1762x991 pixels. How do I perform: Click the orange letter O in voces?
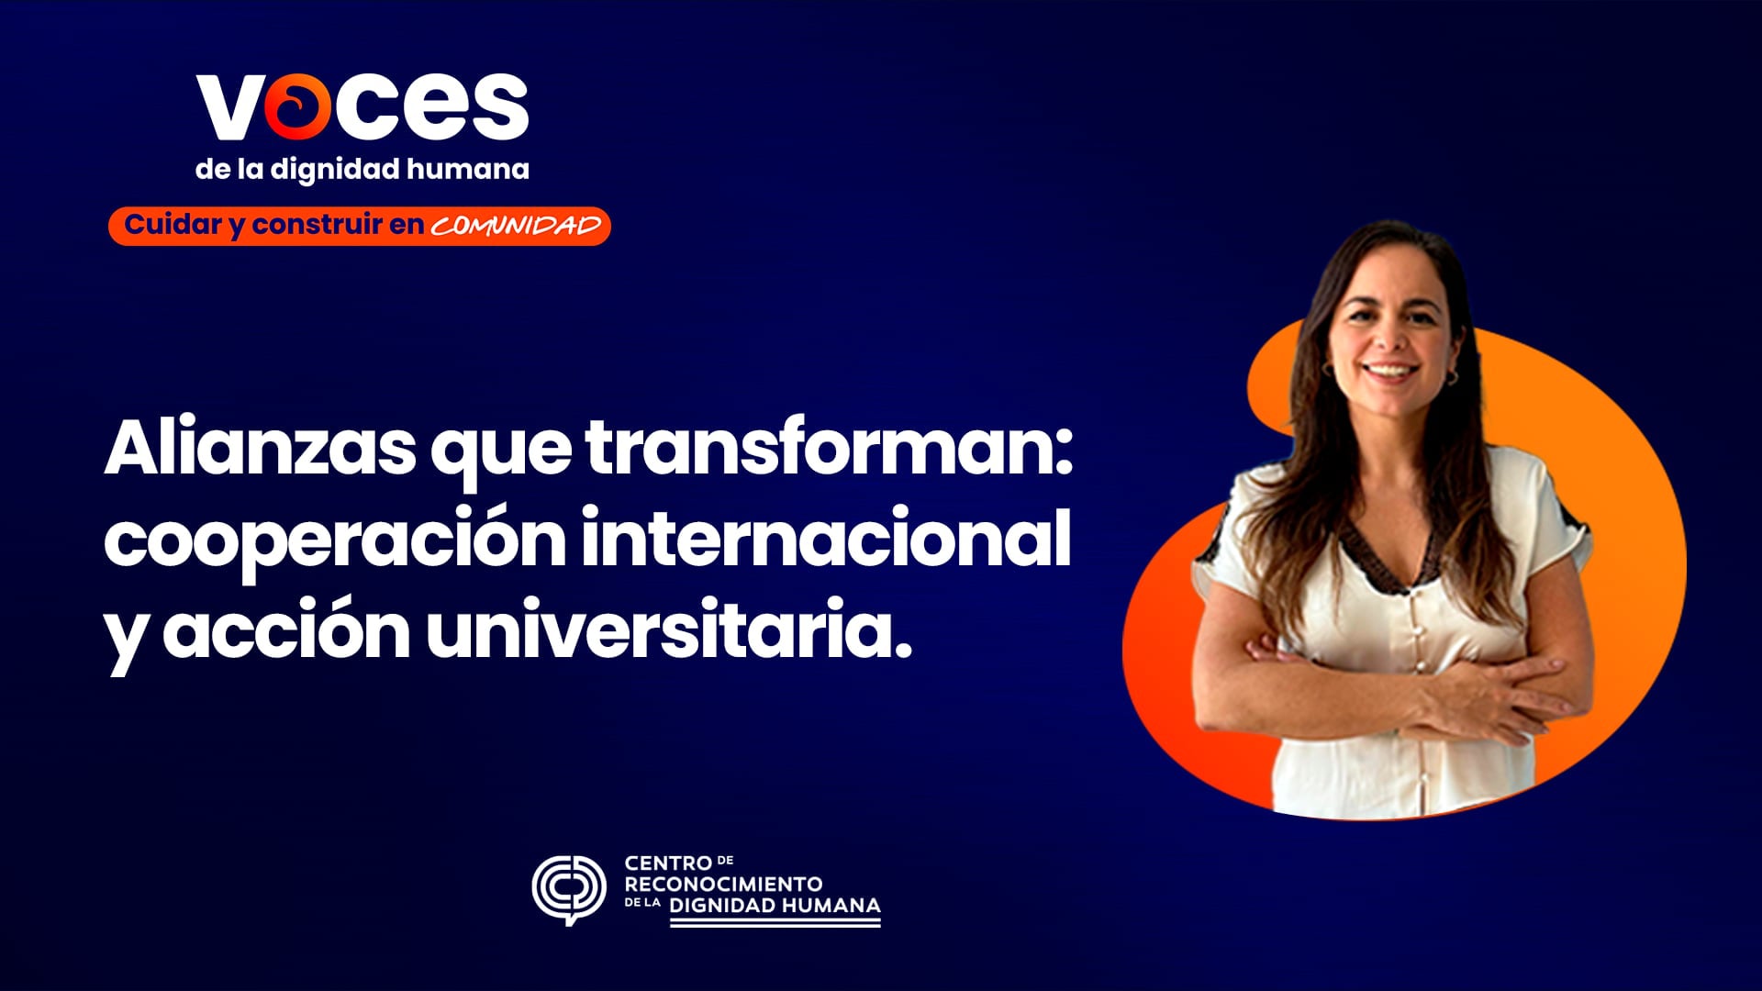tap(297, 107)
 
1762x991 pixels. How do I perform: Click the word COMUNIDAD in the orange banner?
tap(516, 227)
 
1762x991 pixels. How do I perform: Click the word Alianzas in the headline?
tap(260, 449)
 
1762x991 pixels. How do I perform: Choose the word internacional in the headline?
tap(826, 540)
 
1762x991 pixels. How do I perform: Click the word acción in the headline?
tap(285, 632)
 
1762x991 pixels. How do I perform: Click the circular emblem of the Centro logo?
tap(569, 888)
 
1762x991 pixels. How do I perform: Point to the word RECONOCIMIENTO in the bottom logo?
tap(723, 885)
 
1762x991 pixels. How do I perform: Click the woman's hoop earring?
tap(1452, 376)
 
